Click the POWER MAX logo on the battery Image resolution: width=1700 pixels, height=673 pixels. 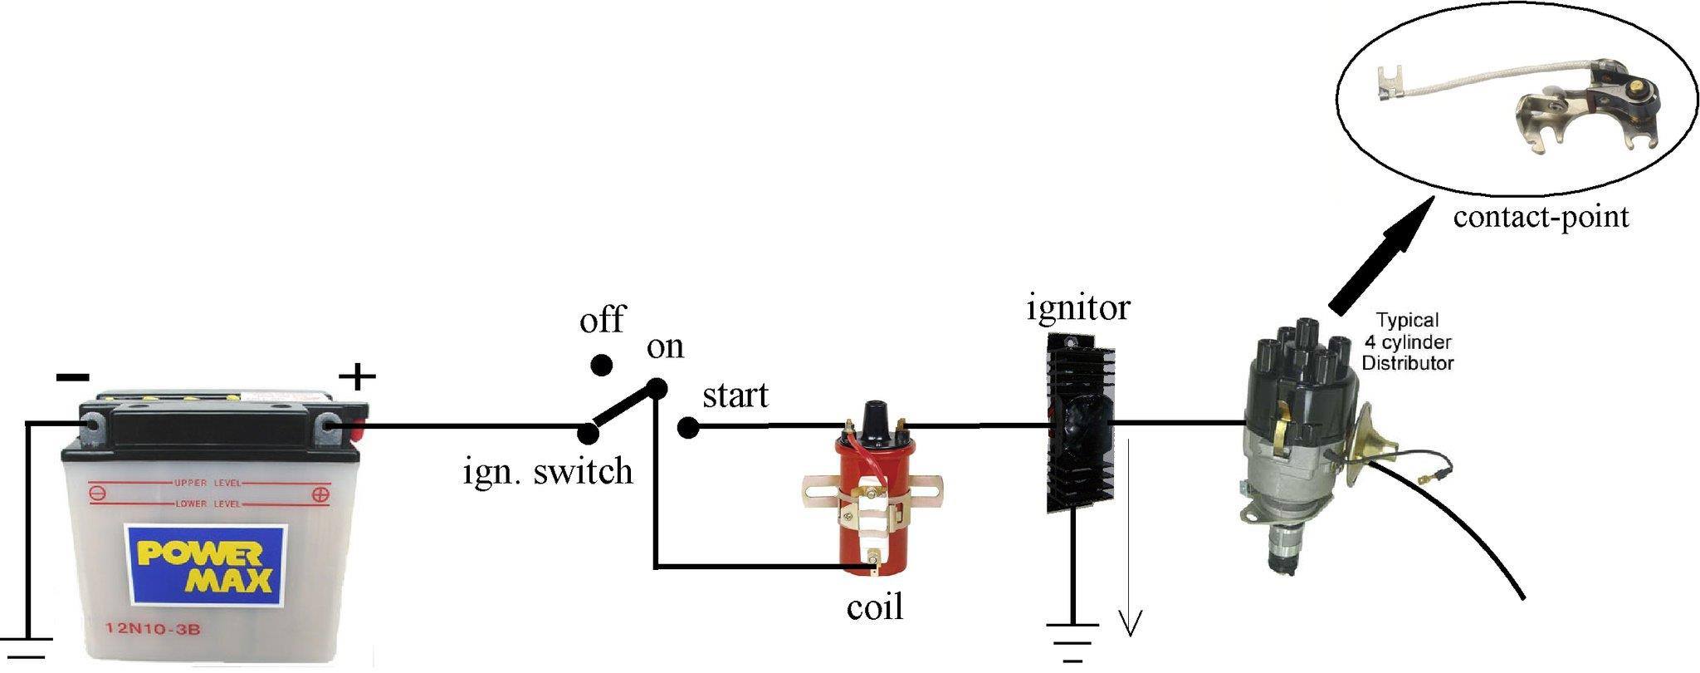(205, 565)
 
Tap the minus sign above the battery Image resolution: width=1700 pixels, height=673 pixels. (72, 378)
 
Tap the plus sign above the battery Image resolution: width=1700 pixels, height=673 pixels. (357, 378)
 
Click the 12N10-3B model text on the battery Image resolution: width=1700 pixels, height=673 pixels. (153, 629)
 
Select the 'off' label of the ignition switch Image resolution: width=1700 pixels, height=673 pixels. (602, 319)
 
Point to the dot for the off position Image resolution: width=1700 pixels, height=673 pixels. (601, 366)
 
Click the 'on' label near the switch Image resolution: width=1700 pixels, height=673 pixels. (666, 347)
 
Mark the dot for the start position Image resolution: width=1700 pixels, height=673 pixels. (687, 428)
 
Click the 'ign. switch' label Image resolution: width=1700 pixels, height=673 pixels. (549, 472)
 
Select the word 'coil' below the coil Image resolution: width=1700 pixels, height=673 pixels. (874, 607)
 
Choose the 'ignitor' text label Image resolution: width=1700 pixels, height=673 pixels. (1078, 309)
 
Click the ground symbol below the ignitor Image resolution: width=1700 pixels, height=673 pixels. (1072, 642)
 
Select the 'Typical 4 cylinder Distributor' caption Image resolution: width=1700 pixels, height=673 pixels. (1408, 341)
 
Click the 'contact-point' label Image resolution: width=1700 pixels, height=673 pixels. (1541, 218)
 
